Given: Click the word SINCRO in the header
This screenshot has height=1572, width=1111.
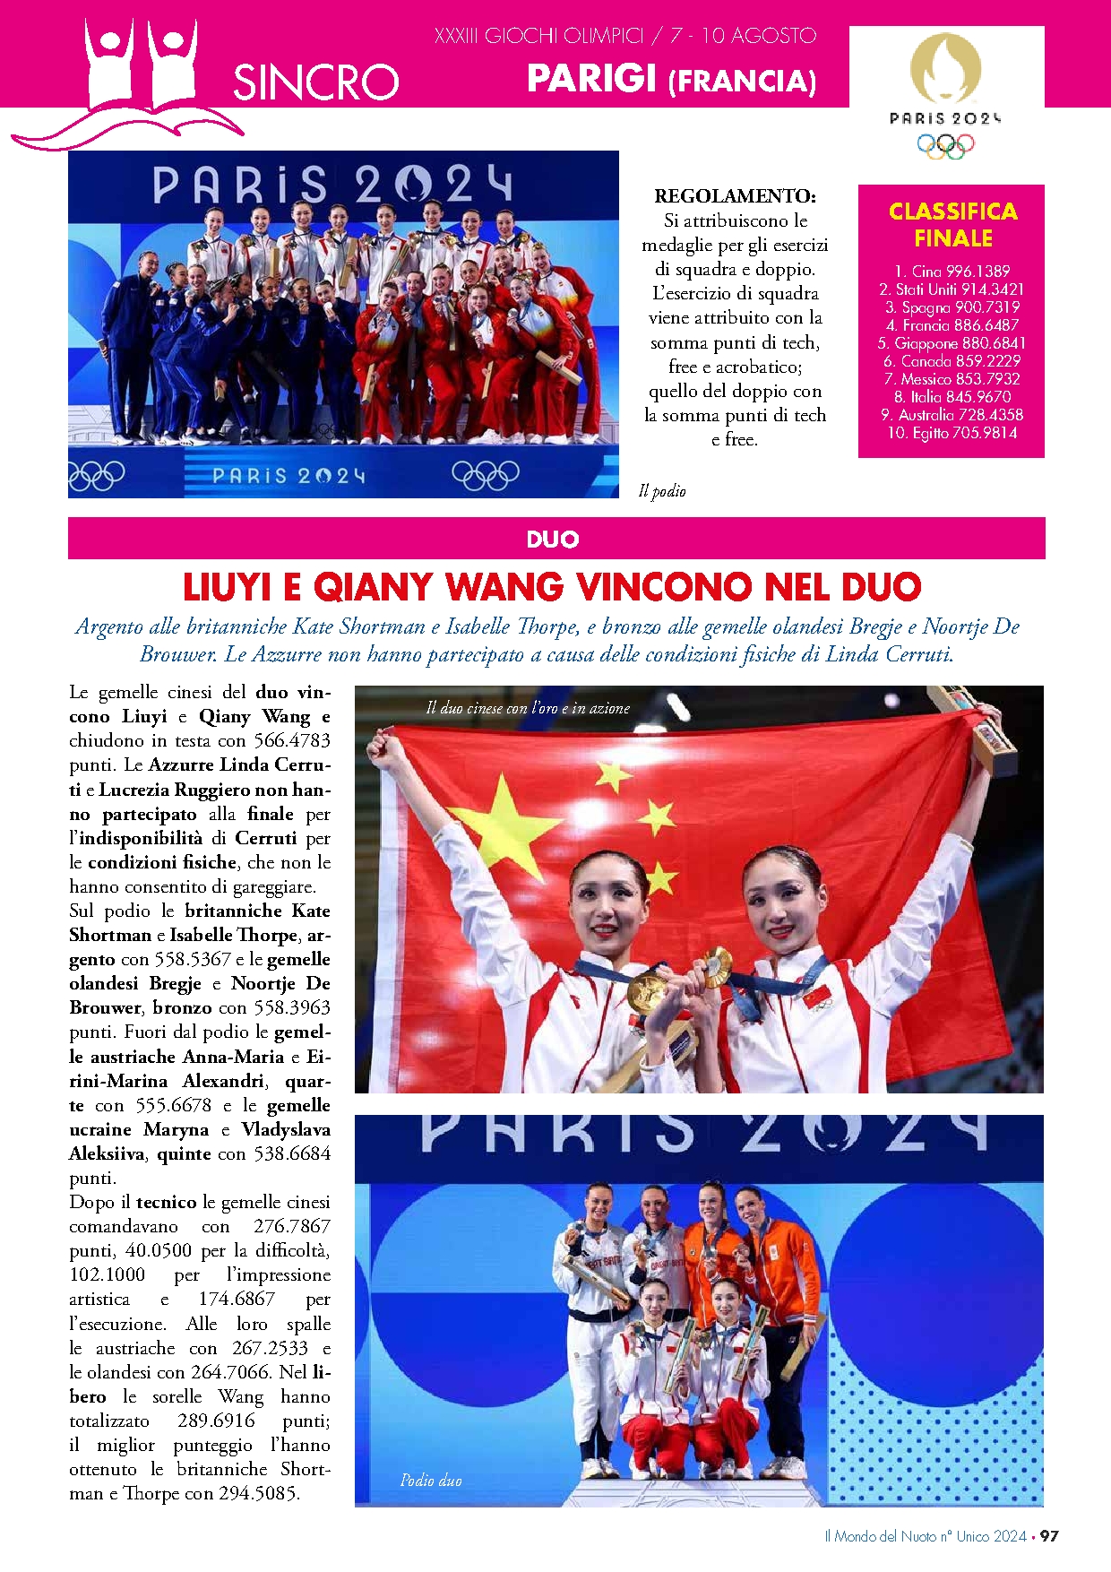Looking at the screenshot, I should (x=315, y=82).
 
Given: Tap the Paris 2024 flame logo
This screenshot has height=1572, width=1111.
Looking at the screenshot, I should (x=945, y=67).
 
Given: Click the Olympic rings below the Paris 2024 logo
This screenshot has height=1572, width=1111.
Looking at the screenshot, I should (x=945, y=145).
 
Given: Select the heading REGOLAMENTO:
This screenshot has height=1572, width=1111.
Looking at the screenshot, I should (x=735, y=195).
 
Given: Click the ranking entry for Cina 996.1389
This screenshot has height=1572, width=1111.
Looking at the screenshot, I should (x=952, y=271).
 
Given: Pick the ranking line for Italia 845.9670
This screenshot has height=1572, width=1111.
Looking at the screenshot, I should (x=952, y=396).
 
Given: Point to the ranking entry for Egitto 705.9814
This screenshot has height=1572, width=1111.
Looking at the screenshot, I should (x=952, y=432).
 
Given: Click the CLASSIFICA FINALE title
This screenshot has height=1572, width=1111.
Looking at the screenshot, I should (x=952, y=224).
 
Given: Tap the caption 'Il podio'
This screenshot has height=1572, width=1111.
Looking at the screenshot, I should (x=662, y=490).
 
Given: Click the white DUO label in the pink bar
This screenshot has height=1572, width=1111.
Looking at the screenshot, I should (x=553, y=539).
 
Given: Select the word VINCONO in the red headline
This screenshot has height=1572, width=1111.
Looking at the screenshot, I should (x=667, y=587).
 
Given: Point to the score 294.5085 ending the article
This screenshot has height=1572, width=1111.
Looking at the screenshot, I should (x=260, y=1493).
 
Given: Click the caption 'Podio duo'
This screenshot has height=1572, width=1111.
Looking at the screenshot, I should (x=431, y=1480).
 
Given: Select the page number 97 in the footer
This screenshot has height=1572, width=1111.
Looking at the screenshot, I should (x=1049, y=1535).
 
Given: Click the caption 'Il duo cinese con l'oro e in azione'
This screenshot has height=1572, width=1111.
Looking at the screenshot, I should (x=528, y=708).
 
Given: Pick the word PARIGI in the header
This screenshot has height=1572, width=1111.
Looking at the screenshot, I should (x=591, y=79).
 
